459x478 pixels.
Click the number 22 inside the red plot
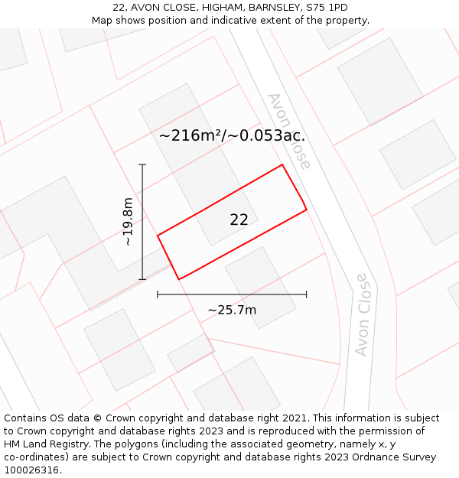(239, 219)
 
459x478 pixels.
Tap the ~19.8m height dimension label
(128, 222)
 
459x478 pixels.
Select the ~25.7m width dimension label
(232, 310)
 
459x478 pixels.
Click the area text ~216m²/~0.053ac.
(232, 136)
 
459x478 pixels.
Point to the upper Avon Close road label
(289, 131)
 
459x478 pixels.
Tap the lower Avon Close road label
(363, 314)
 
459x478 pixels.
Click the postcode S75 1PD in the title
(327, 8)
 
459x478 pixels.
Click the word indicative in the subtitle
(263, 21)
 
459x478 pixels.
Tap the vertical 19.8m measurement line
(142, 222)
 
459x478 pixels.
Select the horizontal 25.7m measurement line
(232, 294)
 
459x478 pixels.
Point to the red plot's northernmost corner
(282, 164)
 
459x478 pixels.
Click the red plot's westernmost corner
(158, 236)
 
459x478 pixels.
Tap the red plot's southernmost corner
(179, 279)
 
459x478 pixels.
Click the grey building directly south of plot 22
(260, 287)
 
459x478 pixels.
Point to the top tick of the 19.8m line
(142, 164)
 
